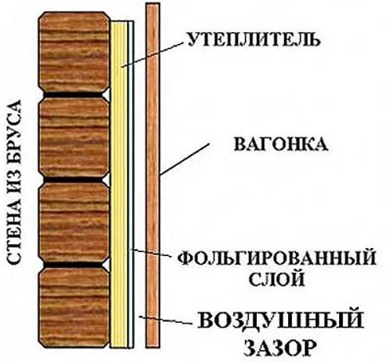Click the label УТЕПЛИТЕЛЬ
point(254,40)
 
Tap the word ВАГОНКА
point(281,144)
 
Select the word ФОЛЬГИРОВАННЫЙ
point(277,258)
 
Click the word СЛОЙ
point(276,279)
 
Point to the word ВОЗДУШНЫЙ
point(280,320)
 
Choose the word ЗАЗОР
point(279,347)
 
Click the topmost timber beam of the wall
point(74,52)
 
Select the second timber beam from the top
point(74,138)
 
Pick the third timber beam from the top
point(74,223)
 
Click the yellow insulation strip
point(119,185)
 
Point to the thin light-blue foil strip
point(131,185)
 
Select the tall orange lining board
point(153,175)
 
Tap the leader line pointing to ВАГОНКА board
point(184,159)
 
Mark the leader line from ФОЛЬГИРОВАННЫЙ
point(151,253)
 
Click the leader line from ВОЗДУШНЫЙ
point(165,320)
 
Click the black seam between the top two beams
point(73,95)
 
